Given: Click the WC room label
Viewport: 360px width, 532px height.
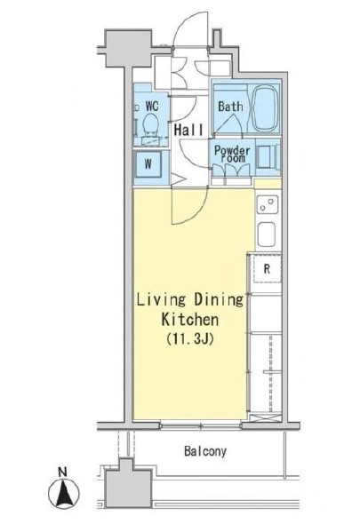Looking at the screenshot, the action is pos(152,107).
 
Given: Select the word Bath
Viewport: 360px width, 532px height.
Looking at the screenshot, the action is pos(230,107).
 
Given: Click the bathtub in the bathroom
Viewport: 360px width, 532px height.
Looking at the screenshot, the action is pos(265,107).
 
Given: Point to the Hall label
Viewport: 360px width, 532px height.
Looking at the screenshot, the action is pos(188,130).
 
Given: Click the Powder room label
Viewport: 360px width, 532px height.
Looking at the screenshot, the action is pos(232,154).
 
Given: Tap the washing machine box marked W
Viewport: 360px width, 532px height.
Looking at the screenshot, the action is pos(148,164).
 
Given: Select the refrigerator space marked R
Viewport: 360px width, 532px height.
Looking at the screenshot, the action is pos(268,269).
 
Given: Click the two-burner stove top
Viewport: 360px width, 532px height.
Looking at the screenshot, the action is pos(268,204).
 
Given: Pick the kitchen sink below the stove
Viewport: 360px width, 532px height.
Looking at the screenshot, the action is pos(267,234).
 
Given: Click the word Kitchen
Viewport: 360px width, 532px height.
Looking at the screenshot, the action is pos(189,320).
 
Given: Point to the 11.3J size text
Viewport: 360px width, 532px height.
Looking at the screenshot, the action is pos(190,338).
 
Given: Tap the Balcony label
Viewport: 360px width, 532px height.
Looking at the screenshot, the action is pos(205,451).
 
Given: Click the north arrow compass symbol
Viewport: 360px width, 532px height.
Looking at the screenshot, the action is pos(64,492).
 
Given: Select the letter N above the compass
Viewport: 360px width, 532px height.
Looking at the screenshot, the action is pos(62,472).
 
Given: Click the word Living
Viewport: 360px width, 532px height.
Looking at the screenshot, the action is pos(161,300).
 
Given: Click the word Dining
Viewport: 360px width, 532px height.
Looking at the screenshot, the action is pos(219,300).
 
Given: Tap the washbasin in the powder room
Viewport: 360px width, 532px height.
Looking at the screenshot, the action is pos(268,157).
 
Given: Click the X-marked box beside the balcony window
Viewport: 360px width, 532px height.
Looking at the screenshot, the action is pos(265,417).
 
